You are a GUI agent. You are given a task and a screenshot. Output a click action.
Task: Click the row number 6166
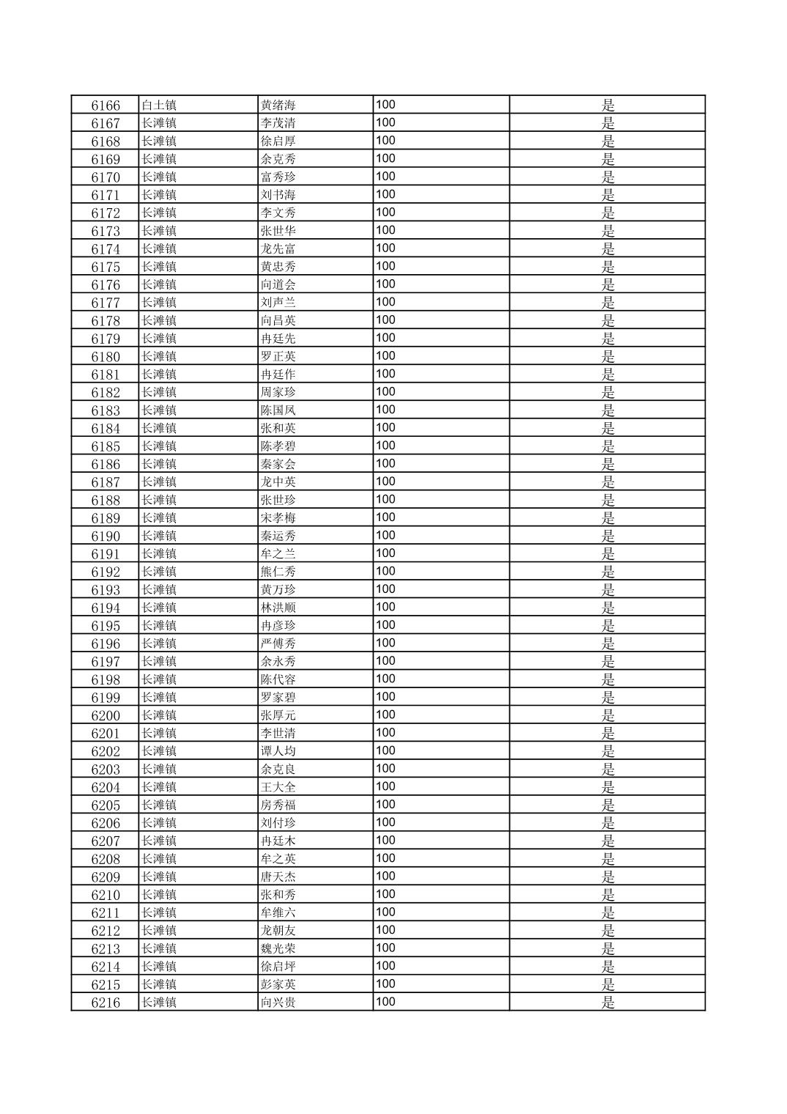[x=106, y=105]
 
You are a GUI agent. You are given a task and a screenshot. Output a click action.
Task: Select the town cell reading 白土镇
[x=159, y=105]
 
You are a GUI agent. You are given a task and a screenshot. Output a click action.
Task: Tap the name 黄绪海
[x=278, y=105]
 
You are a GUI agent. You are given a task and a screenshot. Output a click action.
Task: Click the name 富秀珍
[x=278, y=177]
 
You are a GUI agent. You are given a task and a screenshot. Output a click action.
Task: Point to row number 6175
[x=106, y=267]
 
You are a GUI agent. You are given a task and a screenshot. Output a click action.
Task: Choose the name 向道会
[x=278, y=284]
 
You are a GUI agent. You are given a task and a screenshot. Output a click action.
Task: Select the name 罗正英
[x=278, y=356]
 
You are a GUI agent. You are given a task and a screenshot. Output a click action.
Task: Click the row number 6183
[x=106, y=410]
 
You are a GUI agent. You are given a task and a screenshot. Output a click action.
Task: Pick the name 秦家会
[x=278, y=464]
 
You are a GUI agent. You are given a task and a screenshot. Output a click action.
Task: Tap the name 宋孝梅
[x=278, y=518]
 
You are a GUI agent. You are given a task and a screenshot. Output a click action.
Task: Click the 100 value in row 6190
[x=385, y=535]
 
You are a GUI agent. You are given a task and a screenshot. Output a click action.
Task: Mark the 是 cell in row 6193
[x=608, y=590]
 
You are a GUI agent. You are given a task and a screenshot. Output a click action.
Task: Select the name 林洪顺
[x=278, y=608]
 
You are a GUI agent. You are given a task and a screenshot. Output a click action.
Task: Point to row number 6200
[x=106, y=715]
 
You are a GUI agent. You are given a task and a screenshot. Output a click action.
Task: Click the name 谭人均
[x=278, y=751]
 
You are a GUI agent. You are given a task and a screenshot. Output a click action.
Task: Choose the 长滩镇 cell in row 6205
[x=159, y=805]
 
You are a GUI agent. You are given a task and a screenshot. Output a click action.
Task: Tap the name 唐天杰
[x=278, y=877]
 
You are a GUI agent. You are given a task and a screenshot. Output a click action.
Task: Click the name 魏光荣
[x=278, y=948]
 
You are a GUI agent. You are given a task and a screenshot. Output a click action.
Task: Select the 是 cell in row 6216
[x=608, y=1003]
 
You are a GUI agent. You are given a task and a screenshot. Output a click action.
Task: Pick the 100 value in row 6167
[x=385, y=122]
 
